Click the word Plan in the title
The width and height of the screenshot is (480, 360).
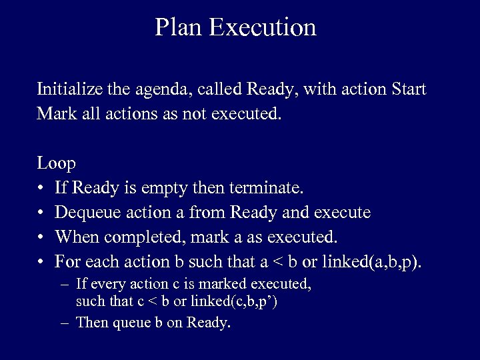[x=179, y=27]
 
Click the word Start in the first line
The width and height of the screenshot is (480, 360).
[x=409, y=89]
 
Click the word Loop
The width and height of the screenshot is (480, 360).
[x=57, y=163]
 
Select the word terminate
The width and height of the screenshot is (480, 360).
[x=267, y=188]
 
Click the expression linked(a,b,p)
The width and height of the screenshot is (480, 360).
[x=372, y=261]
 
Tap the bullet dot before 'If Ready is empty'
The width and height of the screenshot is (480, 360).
[x=41, y=189]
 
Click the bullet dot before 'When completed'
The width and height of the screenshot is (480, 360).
[x=41, y=237]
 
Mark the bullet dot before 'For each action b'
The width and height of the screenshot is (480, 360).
[x=41, y=262]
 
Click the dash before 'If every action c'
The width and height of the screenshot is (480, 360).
[x=63, y=285]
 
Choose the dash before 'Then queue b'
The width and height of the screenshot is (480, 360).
[x=63, y=323]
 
